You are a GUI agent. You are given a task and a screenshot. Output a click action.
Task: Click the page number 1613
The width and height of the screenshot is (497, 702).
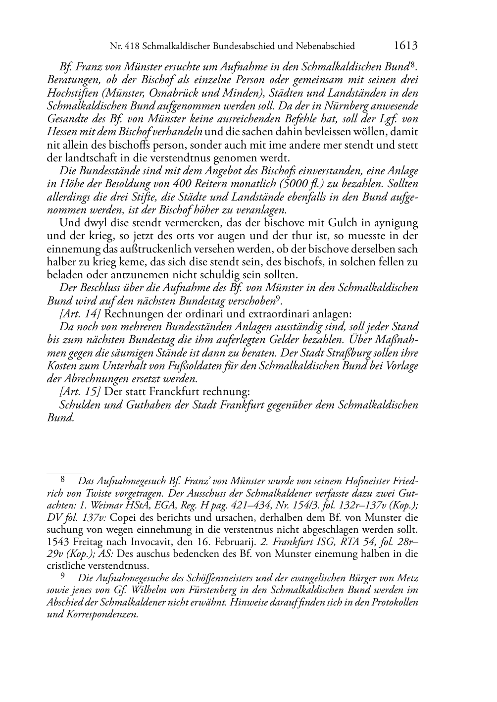[x=406, y=46]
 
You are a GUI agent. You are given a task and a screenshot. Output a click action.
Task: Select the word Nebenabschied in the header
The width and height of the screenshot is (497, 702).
[x=325, y=47]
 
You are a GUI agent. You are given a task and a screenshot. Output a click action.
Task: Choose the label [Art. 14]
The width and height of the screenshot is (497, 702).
[x=81, y=313]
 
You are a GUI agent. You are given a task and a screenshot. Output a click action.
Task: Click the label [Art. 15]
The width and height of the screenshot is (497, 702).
[x=81, y=392]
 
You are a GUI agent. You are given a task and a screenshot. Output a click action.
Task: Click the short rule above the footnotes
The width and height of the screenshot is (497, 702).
[x=65, y=466]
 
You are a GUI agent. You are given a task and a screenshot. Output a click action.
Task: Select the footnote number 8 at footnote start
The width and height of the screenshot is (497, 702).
[x=63, y=479]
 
